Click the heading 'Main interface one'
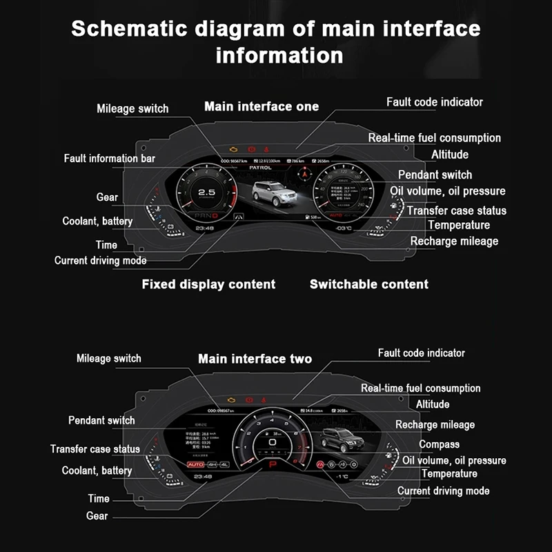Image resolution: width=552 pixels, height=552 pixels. point(262,106)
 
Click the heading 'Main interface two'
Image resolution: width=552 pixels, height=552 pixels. point(255,359)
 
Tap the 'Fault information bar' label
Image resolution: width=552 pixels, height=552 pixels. point(110,159)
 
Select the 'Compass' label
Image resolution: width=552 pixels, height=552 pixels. point(439,444)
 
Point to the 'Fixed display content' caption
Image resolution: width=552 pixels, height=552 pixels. point(208,284)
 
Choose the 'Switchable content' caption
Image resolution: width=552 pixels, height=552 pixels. point(368,284)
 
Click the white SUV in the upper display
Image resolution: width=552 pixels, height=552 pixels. point(271,195)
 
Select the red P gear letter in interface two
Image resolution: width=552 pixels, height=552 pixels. point(272,467)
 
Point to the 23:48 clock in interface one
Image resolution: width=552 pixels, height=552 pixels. point(204,227)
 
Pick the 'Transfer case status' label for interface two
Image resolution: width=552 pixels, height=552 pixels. point(95,449)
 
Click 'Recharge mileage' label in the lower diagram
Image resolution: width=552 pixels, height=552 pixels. point(435,424)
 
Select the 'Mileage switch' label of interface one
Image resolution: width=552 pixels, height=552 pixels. point(132,108)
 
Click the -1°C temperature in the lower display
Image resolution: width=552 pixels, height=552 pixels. point(342,476)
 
